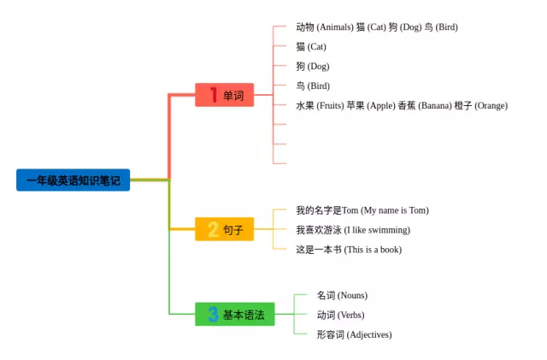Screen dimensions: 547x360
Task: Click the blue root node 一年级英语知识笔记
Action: coord(73,180)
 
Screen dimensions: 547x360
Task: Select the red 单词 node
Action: coord(224,95)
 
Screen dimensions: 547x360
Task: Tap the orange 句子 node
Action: coord(224,229)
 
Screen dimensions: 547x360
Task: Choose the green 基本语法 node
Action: coord(235,315)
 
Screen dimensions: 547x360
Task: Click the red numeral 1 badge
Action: coord(214,95)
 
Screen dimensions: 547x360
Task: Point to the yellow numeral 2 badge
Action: coord(213,229)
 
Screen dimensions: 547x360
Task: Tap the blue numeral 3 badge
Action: coord(213,315)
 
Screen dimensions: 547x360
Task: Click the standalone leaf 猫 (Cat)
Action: coord(311,47)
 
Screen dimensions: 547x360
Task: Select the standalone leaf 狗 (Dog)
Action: coord(313,67)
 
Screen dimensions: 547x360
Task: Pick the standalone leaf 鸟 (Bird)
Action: coord(313,86)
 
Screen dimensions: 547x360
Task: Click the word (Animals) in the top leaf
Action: coord(335,27)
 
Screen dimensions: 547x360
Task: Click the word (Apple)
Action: coord(381,106)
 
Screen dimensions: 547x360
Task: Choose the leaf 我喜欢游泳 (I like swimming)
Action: coord(353,230)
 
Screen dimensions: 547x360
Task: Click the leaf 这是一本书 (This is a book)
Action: coord(349,250)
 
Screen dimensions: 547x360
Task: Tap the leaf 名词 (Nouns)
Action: coord(342,295)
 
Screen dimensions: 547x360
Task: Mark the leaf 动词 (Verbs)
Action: coord(340,315)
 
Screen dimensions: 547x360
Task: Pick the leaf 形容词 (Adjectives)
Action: coord(354,334)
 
